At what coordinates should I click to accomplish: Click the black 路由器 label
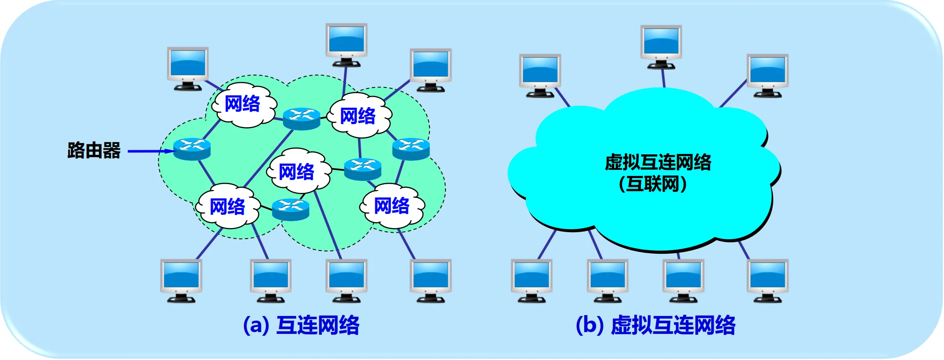click(94, 151)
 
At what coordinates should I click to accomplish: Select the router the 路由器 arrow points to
click(192, 149)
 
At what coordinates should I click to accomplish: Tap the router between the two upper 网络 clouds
click(301, 118)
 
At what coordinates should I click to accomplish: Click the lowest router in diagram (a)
click(290, 209)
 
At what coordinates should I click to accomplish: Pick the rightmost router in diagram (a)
click(411, 148)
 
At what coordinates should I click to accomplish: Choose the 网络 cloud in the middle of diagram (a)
click(297, 172)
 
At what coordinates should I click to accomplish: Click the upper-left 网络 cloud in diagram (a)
click(242, 104)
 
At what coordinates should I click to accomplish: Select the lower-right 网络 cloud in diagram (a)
click(392, 206)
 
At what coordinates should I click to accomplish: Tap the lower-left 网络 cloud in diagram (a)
click(228, 207)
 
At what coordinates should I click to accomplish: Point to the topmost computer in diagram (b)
click(661, 46)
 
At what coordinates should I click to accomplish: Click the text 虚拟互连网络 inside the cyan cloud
click(658, 163)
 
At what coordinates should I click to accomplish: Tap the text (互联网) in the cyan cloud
click(653, 184)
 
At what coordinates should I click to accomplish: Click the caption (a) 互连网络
click(301, 325)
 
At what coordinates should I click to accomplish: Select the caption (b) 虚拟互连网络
click(655, 325)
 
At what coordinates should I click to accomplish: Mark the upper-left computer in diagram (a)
click(188, 68)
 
